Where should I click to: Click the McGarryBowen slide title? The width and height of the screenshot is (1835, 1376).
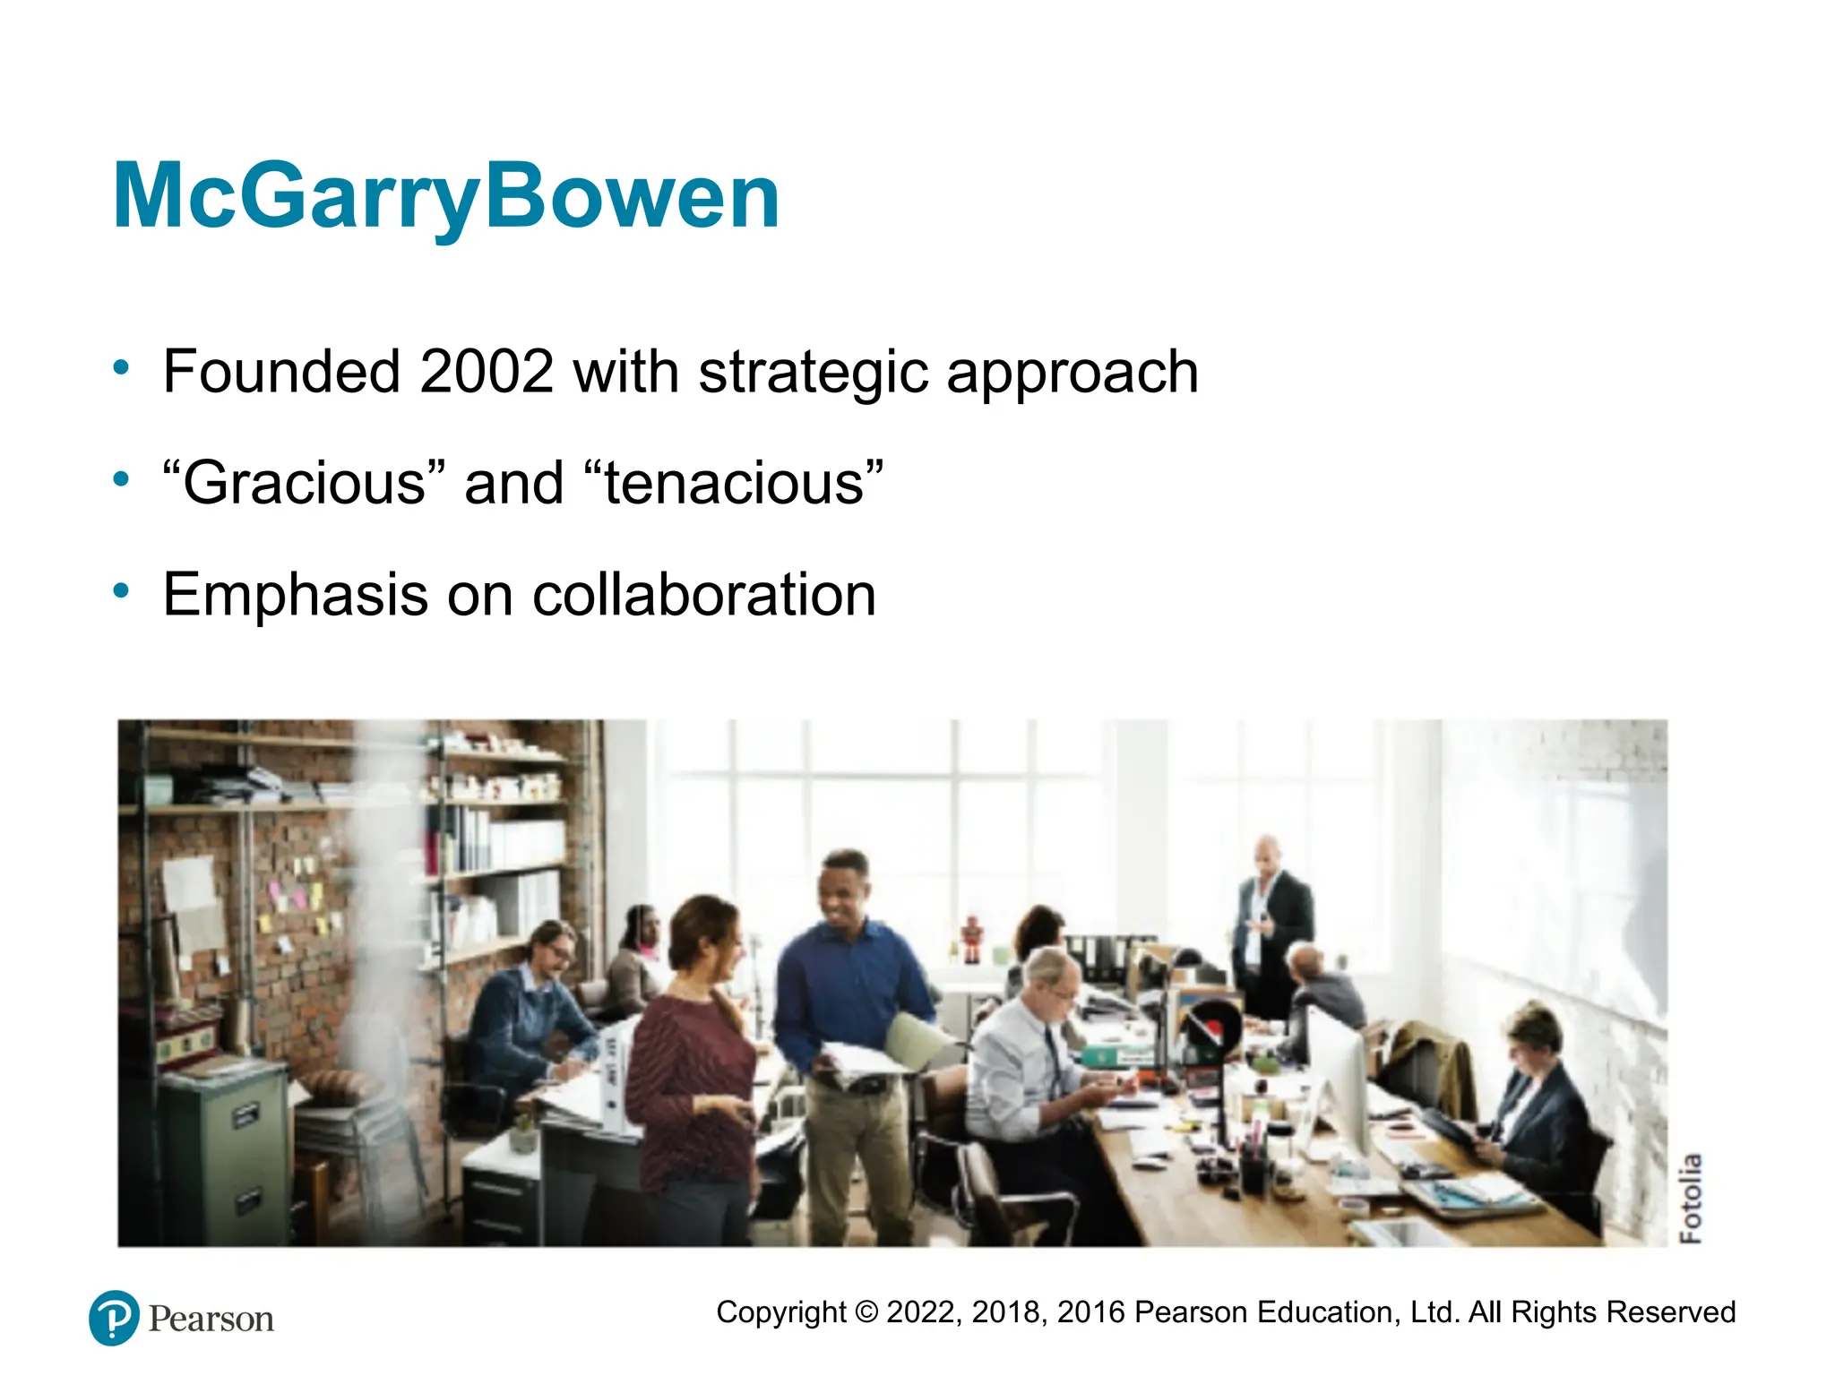coord(445,196)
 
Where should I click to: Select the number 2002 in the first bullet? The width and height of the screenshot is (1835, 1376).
coord(487,372)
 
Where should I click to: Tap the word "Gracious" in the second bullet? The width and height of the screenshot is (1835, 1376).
coord(304,483)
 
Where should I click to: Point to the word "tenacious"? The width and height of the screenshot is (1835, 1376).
coord(734,483)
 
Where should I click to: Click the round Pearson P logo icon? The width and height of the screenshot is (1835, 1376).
coord(115,1318)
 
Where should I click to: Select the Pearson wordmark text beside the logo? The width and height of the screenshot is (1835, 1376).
coord(211,1320)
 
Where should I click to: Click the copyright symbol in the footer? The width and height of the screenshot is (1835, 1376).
coord(866,1312)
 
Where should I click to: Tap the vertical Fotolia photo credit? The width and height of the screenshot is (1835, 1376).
coord(1690,1198)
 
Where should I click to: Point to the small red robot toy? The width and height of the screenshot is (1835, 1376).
coord(972,938)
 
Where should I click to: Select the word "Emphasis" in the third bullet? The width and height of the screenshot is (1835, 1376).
coord(295,595)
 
